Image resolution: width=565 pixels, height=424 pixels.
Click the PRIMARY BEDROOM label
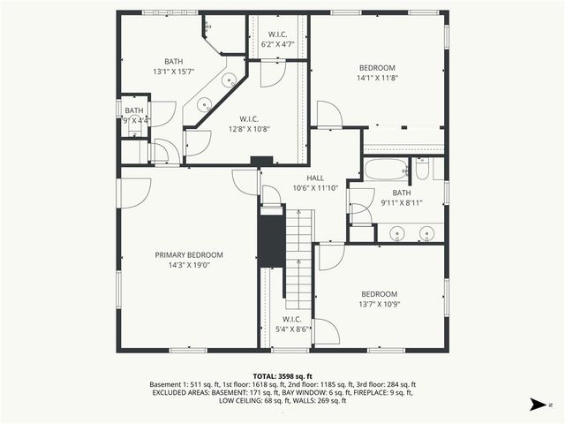(189, 254)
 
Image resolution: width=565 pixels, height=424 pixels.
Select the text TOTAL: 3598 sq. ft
(282, 375)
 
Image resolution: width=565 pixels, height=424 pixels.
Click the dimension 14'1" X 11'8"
(377, 78)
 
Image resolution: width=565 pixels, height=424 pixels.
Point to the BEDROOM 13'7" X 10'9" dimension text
(379, 305)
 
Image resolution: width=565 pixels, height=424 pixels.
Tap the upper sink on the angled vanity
(228, 80)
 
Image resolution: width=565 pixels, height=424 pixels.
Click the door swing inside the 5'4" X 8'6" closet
(326, 332)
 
